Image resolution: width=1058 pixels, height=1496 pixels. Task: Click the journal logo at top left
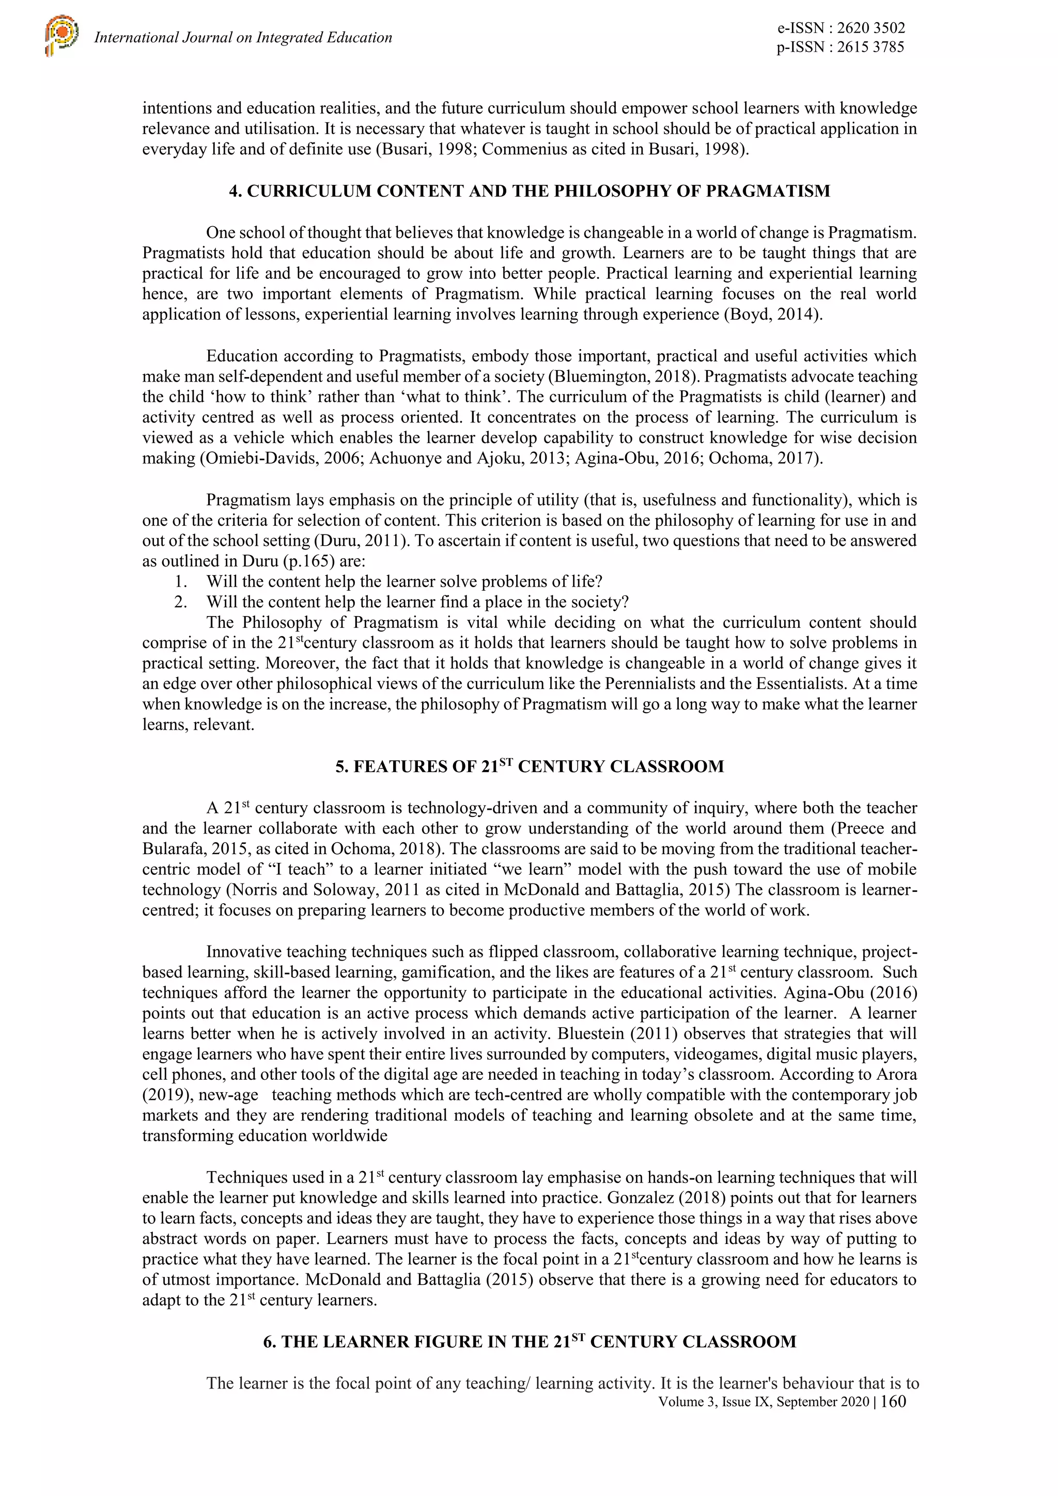click(61, 37)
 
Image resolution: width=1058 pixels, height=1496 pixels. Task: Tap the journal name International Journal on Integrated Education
click(243, 38)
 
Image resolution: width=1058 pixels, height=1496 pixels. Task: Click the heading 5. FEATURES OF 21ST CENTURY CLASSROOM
click(530, 766)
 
